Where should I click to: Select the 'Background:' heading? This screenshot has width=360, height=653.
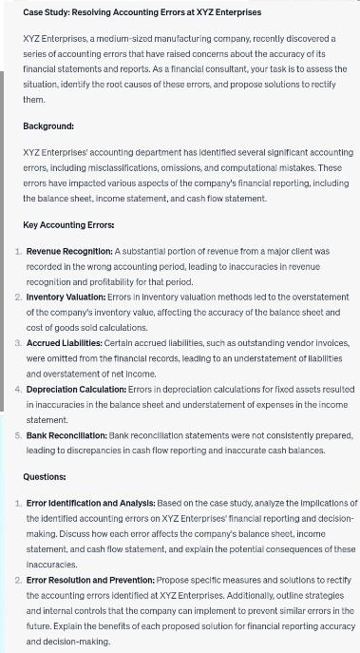48,125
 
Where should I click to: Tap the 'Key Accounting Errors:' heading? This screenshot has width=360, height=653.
68,225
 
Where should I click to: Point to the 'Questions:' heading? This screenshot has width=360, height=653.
45,476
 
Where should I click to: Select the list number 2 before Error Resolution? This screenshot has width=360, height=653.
18,579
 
